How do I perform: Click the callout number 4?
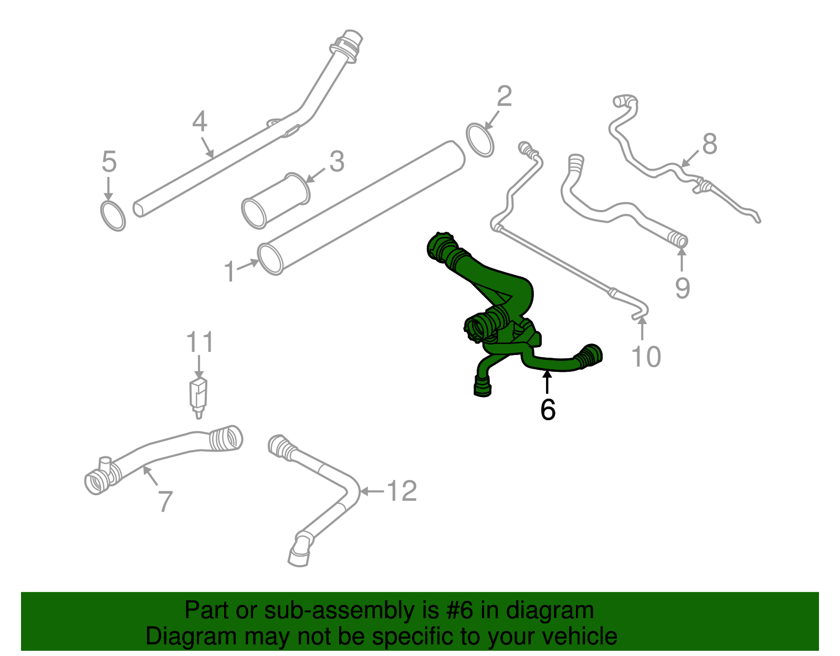click(199, 122)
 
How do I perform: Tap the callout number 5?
click(109, 162)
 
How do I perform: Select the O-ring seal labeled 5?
click(113, 216)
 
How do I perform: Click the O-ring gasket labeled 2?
click(480, 140)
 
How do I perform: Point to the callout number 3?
click(337, 162)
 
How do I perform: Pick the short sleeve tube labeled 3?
click(276, 201)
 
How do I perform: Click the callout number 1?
click(229, 272)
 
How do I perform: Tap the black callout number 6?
click(548, 410)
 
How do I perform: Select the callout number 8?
click(709, 144)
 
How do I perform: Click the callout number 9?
click(682, 287)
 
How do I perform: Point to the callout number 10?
click(646, 357)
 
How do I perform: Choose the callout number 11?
click(200, 342)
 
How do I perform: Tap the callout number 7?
click(165, 502)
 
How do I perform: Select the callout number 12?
click(402, 492)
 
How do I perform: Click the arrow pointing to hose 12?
click(372, 492)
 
